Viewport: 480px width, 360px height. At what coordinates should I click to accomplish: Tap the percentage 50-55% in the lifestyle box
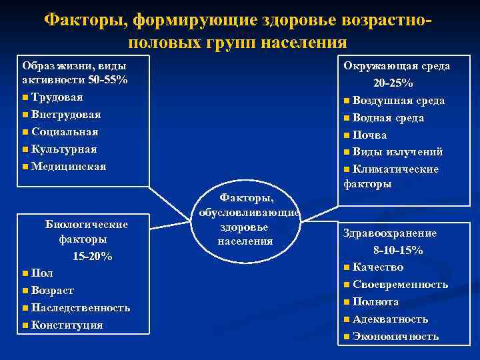click(x=106, y=79)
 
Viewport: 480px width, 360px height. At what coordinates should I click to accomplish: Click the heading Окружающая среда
click(x=396, y=65)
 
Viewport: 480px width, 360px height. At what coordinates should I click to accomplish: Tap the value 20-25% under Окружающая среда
click(x=393, y=83)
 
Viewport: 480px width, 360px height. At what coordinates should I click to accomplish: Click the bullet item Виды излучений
click(x=397, y=152)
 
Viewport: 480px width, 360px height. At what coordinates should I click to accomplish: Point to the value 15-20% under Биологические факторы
click(x=92, y=257)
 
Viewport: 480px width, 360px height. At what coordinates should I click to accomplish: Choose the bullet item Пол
click(x=41, y=273)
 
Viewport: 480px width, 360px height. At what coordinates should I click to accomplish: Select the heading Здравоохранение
click(x=390, y=233)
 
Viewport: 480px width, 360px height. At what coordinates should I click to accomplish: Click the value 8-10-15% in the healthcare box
click(x=398, y=250)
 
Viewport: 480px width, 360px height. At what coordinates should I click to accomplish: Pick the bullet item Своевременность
click(x=400, y=285)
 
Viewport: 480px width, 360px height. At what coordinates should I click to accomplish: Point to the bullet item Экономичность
click(x=395, y=336)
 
